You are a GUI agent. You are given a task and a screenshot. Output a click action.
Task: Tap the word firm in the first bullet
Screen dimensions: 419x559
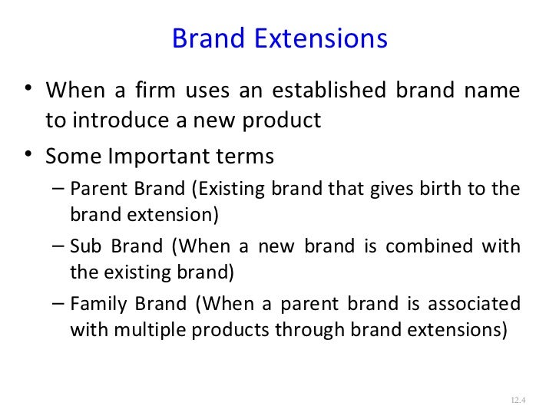click(x=157, y=91)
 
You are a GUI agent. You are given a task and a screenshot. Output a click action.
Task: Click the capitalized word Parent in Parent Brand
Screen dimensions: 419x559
click(x=92, y=190)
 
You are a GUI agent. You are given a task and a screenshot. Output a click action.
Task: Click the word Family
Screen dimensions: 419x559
click(x=95, y=304)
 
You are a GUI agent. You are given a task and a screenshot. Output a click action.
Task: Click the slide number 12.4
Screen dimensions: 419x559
click(x=520, y=401)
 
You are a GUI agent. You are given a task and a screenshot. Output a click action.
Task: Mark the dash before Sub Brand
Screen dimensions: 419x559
click(x=61, y=247)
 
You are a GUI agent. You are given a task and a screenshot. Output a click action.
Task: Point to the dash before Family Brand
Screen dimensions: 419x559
click(x=61, y=304)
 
